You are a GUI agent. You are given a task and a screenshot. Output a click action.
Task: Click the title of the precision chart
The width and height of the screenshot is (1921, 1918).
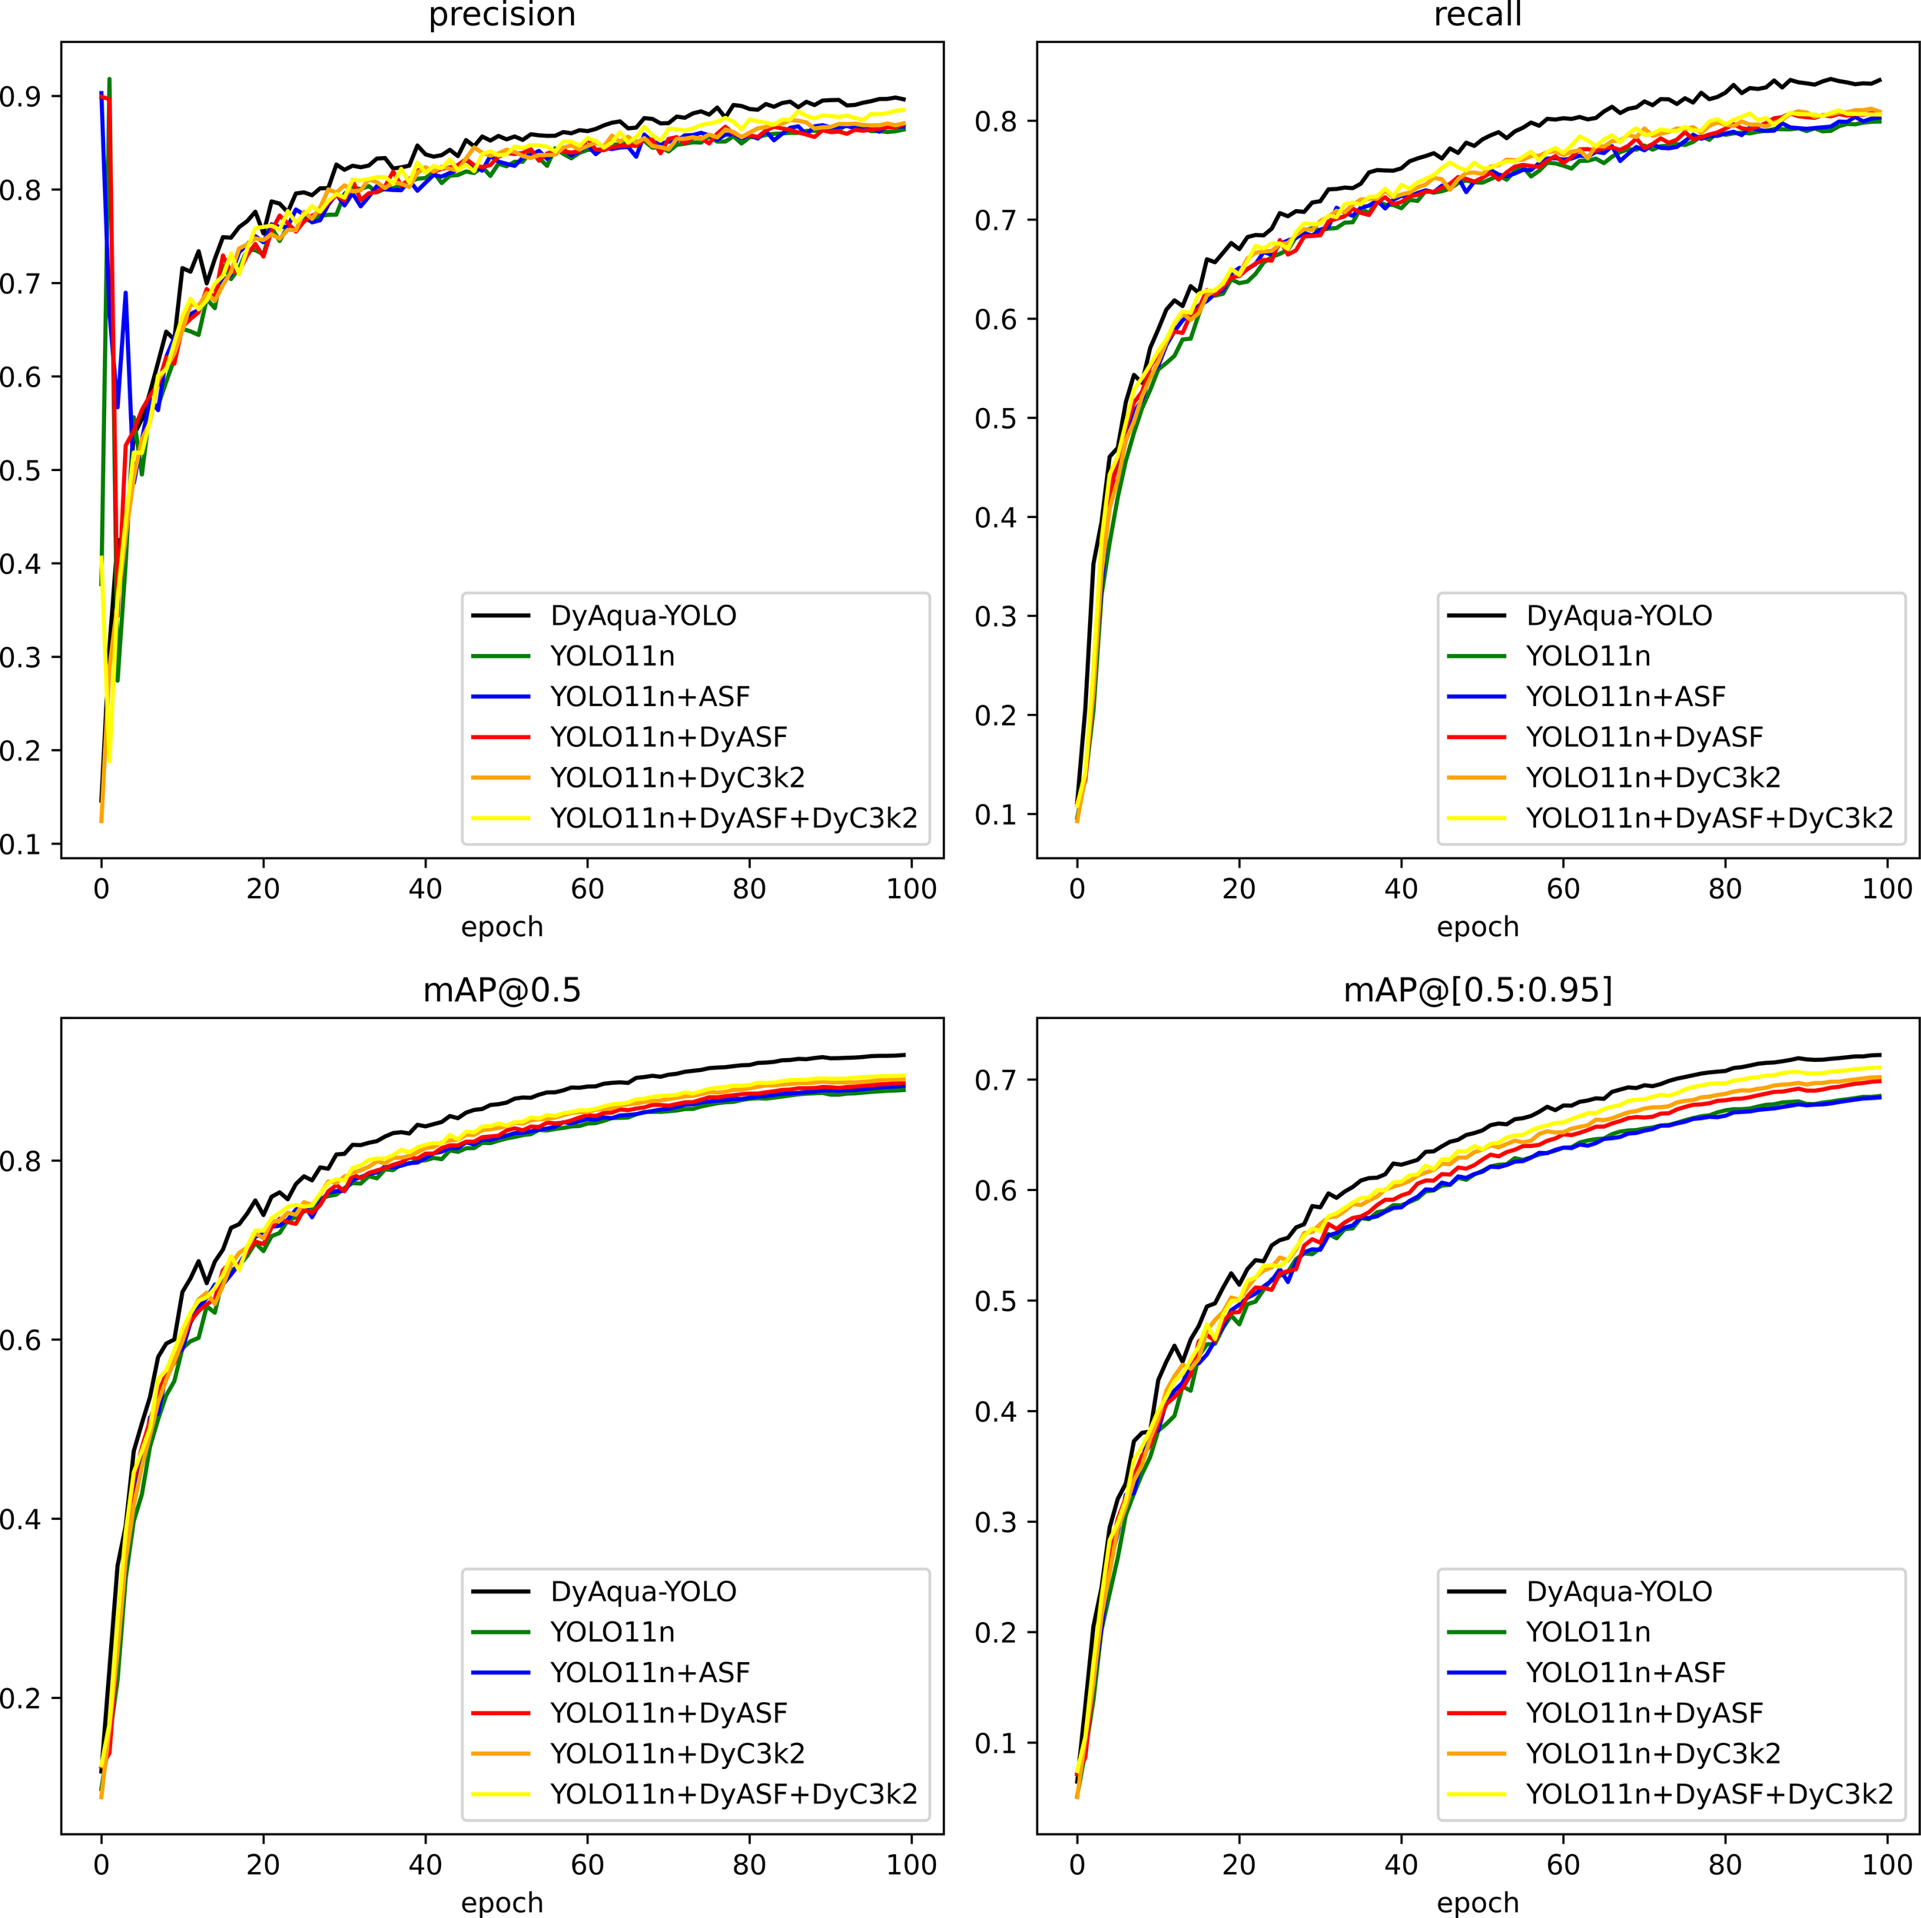point(501,15)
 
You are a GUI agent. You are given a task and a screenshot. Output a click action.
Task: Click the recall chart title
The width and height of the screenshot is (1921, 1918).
point(1478,15)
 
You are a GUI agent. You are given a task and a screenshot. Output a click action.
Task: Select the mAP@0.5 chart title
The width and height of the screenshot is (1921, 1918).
point(501,991)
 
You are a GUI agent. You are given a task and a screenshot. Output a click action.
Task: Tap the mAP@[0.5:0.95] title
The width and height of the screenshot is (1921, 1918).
point(1478,991)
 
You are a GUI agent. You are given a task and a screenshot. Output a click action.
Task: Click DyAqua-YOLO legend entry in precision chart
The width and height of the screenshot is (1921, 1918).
point(643,616)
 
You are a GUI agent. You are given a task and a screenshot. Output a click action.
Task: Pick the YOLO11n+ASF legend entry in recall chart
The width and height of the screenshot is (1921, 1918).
point(1624,697)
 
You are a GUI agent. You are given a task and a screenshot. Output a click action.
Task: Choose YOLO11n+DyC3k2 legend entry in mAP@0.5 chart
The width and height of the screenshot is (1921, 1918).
point(677,1753)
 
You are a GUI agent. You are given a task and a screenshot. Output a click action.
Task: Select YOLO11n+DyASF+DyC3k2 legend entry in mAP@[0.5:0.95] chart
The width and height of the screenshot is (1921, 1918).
point(1709,1794)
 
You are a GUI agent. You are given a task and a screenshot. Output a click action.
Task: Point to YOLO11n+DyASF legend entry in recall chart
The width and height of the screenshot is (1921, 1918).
point(1644,738)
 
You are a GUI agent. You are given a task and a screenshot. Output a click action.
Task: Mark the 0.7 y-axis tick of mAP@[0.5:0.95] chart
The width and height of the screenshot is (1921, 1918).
point(997,1080)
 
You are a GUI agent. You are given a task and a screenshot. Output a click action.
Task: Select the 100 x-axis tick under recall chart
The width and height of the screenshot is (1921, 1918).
point(1887,889)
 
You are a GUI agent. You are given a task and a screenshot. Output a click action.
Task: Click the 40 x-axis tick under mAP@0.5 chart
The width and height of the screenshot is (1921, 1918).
point(425,1864)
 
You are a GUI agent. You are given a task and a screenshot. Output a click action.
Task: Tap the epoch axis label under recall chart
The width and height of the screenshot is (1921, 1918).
point(1478,927)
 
